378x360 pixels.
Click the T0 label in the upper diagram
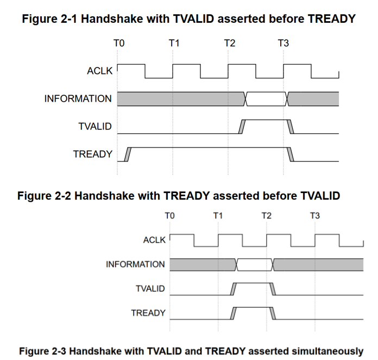click(x=119, y=43)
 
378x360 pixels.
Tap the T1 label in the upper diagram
click(x=174, y=43)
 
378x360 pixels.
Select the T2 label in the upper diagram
click(x=229, y=43)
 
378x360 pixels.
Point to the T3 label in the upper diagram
click(x=283, y=43)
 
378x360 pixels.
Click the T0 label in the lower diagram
click(x=169, y=216)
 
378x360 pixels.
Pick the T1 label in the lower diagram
click(x=218, y=216)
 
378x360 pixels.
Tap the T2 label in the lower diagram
click(x=266, y=216)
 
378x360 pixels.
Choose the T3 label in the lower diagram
click(x=315, y=216)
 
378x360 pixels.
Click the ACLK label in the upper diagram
click(x=99, y=71)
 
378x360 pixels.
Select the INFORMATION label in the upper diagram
click(x=78, y=99)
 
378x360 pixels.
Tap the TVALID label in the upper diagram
click(x=95, y=127)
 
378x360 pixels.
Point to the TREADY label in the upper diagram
click(x=93, y=154)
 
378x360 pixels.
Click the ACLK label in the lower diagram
click(x=154, y=240)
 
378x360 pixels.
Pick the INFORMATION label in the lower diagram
click(x=135, y=264)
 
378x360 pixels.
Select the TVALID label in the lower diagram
click(x=150, y=289)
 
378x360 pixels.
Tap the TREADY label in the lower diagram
click(x=148, y=313)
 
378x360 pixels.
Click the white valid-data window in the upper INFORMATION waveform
click(x=266, y=98)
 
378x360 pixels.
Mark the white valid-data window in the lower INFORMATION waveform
click(x=255, y=264)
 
